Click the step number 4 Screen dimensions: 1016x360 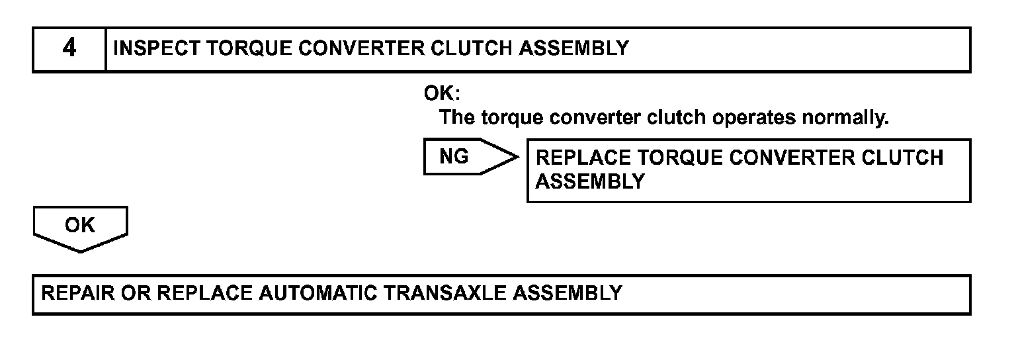coord(69,49)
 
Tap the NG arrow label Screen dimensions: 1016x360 coord(454,157)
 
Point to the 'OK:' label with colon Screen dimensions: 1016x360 coord(442,94)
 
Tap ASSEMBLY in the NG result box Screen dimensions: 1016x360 coord(589,182)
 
